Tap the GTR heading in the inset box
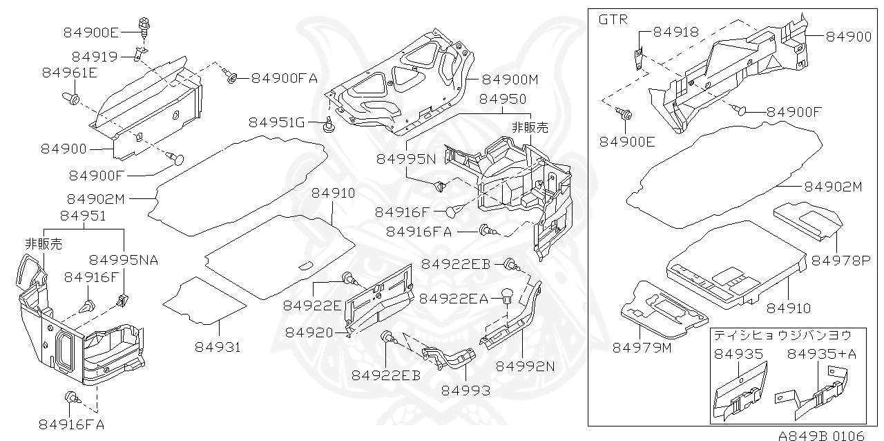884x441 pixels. click(x=613, y=19)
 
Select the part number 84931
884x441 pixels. click(x=218, y=347)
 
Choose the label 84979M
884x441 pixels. click(x=642, y=347)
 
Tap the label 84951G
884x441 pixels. click(x=277, y=122)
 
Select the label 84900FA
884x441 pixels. click(x=284, y=78)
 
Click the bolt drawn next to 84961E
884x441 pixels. click(x=72, y=97)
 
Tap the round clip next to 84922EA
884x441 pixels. click(x=506, y=296)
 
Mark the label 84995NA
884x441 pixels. click(x=124, y=260)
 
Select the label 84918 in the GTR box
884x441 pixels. click(x=675, y=32)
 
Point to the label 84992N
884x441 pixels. click(x=526, y=366)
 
